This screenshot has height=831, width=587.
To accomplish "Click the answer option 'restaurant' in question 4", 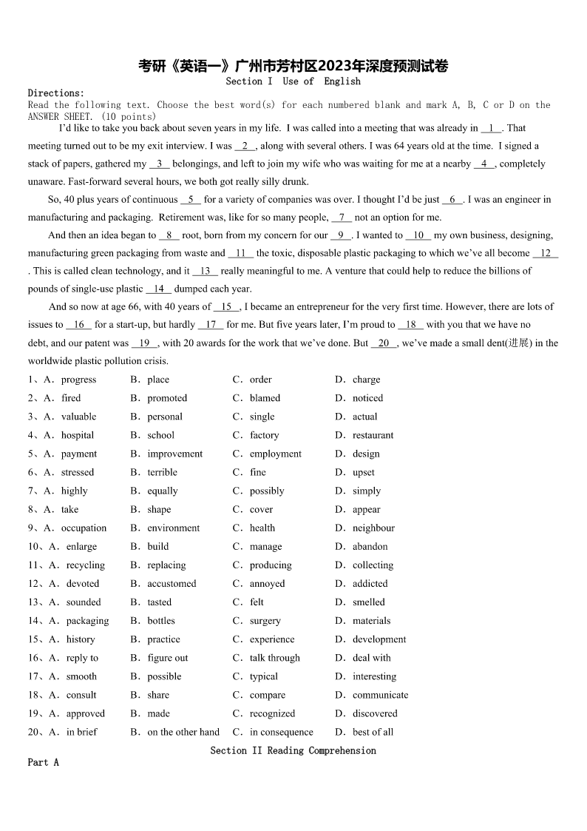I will tap(373, 435).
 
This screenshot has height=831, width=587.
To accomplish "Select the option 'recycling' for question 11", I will tap(85, 565).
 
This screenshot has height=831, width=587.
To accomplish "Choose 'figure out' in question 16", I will tap(168, 658).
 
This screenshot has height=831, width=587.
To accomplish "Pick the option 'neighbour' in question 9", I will tap(373, 528).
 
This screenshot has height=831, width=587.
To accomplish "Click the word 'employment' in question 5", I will tap(275, 454).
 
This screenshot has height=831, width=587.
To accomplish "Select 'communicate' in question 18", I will tap(380, 695).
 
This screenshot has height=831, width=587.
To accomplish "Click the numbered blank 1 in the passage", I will tap(491, 128).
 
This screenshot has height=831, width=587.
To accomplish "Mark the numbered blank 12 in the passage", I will tap(546, 253).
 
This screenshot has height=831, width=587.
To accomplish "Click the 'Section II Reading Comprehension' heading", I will tap(293, 750).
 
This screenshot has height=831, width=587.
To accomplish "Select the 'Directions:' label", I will tap(56, 92).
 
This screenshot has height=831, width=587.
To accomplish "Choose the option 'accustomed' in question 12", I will tap(172, 583).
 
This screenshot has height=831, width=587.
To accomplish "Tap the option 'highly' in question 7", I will tap(74, 491).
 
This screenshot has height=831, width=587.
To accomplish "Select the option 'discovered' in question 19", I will tap(375, 713).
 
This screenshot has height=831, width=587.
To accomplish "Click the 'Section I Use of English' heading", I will tap(293, 81).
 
